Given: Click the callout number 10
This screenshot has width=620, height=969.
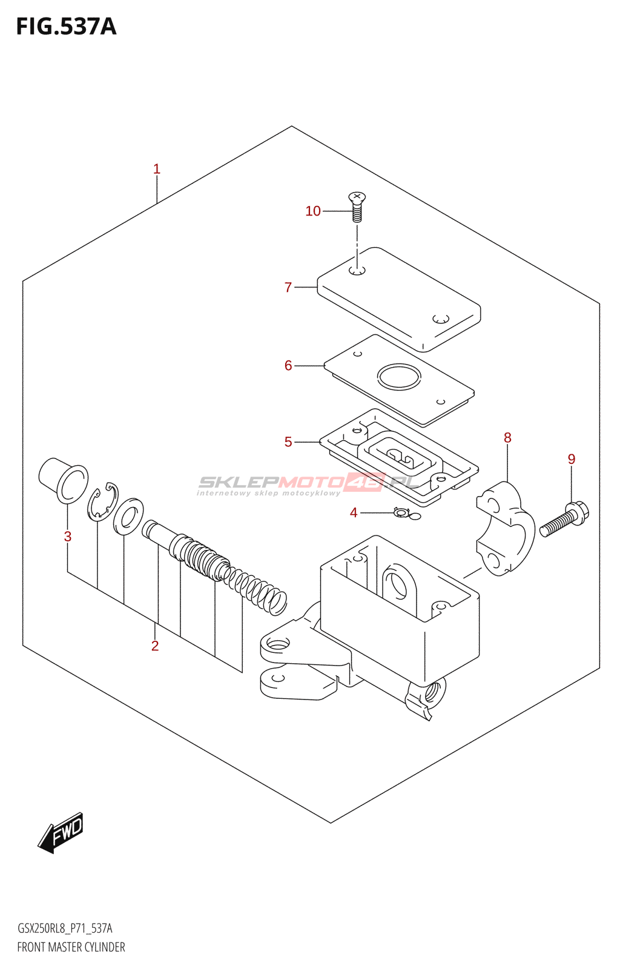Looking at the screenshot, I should point(312,211).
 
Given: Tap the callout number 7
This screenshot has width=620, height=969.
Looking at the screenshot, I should point(288,287).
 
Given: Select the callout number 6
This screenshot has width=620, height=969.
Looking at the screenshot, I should point(288,365).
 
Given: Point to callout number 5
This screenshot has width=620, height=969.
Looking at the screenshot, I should point(288,442).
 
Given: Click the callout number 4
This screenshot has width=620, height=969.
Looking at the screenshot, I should point(354,513).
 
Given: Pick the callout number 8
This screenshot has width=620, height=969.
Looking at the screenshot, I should point(507,437).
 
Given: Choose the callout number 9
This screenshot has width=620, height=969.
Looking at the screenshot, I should point(572,459).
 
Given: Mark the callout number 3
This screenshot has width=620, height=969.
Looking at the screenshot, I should point(68,537).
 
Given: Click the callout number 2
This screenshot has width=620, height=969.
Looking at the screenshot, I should point(155,646).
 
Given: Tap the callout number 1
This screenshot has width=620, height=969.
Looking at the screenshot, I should point(157,169).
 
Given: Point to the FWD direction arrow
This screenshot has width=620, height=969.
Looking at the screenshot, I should point(61,832).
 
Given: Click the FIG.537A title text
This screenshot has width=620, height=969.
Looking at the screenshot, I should point(66,27).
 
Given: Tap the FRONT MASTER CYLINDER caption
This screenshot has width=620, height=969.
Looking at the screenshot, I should point(71,947).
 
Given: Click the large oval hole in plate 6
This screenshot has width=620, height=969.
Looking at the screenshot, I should point(399,377).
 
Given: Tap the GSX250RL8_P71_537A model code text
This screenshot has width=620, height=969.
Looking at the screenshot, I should point(65,928).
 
